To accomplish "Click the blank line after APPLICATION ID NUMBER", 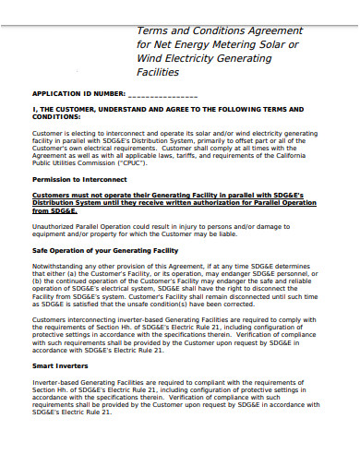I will click(162, 95).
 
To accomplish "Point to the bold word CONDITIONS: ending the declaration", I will click(62, 117).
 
